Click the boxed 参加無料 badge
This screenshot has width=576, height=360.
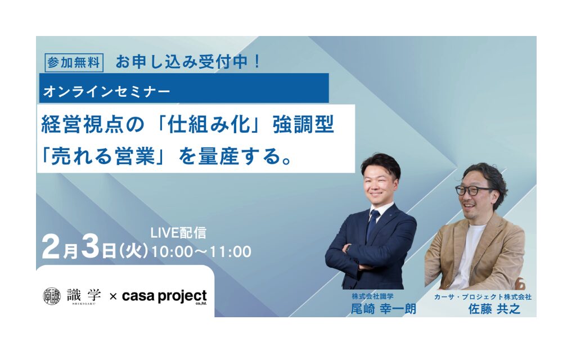tap(74, 63)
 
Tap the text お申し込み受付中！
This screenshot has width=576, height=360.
tap(188, 62)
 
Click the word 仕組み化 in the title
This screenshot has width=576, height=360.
tap(209, 124)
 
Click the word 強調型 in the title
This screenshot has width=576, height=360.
tap(303, 124)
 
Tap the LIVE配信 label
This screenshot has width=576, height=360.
tap(178, 233)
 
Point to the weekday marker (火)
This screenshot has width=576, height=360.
tap(133, 251)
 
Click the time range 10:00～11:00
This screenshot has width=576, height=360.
tap(201, 252)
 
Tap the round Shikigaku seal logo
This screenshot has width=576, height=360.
tap(52, 296)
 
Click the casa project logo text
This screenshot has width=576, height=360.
tap(165, 296)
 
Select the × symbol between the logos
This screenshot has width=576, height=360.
tap(113, 296)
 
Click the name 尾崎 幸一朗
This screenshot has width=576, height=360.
tap(383, 309)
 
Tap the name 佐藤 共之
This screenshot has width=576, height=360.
tap(494, 309)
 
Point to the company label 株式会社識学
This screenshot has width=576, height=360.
tap(372, 296)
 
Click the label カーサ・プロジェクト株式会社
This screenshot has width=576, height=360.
tap(483, 296)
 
